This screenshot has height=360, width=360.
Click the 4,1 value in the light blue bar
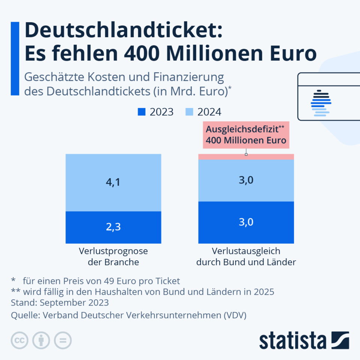(113, 183)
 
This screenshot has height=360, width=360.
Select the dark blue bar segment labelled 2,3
(113, 227)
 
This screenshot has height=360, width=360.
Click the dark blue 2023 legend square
(141, 112)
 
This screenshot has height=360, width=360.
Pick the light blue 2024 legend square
(189, 112)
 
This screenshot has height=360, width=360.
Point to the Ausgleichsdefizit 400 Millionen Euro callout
(246, 135)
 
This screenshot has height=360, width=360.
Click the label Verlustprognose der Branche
(113, 256)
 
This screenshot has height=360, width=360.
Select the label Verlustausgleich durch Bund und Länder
(246, 256)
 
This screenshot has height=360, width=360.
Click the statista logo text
(292, 341)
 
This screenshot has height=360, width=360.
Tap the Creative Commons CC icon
(20, 340)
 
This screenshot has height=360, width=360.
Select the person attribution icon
(41, 340)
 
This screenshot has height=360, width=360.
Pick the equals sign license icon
(63, 340)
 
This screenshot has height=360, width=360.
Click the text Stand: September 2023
(60, 302)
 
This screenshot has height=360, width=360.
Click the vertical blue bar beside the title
(15, 58)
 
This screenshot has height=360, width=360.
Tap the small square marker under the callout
(246, 154)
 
